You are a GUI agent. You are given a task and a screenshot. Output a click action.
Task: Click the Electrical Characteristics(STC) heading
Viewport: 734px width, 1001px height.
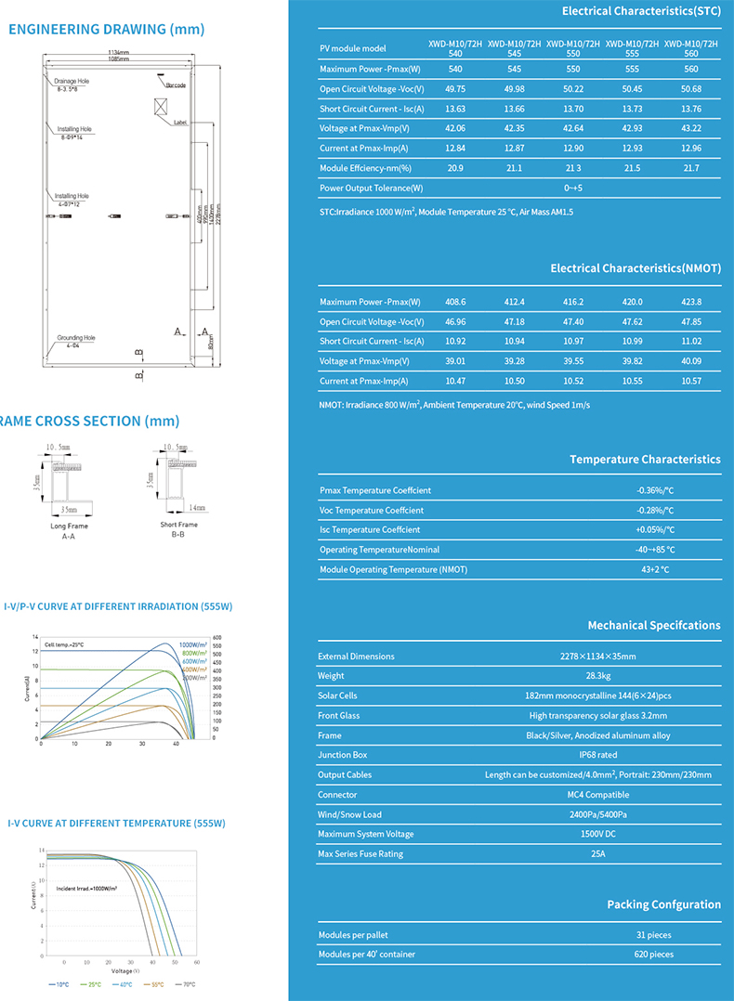click(641, 11)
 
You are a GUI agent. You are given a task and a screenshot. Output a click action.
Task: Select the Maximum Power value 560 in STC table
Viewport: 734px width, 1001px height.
click(690, 70)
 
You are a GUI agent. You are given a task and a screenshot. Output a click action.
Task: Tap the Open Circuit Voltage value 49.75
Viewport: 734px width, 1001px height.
click(455, 89)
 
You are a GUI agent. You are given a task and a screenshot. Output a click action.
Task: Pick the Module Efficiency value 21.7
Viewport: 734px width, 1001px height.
click(690, 168)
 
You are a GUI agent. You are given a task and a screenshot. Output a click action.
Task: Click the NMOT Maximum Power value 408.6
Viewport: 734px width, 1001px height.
click(455, 302)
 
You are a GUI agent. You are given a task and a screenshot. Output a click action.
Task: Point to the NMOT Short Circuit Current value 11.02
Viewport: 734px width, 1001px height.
click(690, 342)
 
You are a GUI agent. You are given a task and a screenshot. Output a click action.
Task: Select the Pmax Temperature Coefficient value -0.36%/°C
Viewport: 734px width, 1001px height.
click(655, 490)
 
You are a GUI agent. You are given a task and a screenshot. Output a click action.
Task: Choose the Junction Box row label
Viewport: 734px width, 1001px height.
click(343, 755)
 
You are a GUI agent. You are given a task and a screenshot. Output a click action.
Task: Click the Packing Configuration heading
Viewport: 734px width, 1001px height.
click(663, 904)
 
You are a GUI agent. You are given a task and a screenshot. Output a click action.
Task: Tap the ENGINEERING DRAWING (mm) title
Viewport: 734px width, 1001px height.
click(106, 29)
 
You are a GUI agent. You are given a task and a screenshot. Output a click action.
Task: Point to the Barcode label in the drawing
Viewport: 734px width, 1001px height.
click(176, 85)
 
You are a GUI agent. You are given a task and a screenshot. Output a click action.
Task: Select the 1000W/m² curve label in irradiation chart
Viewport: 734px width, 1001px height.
click(192, 644)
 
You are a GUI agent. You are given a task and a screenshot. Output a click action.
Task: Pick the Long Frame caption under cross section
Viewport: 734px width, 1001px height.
click(69, 526)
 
